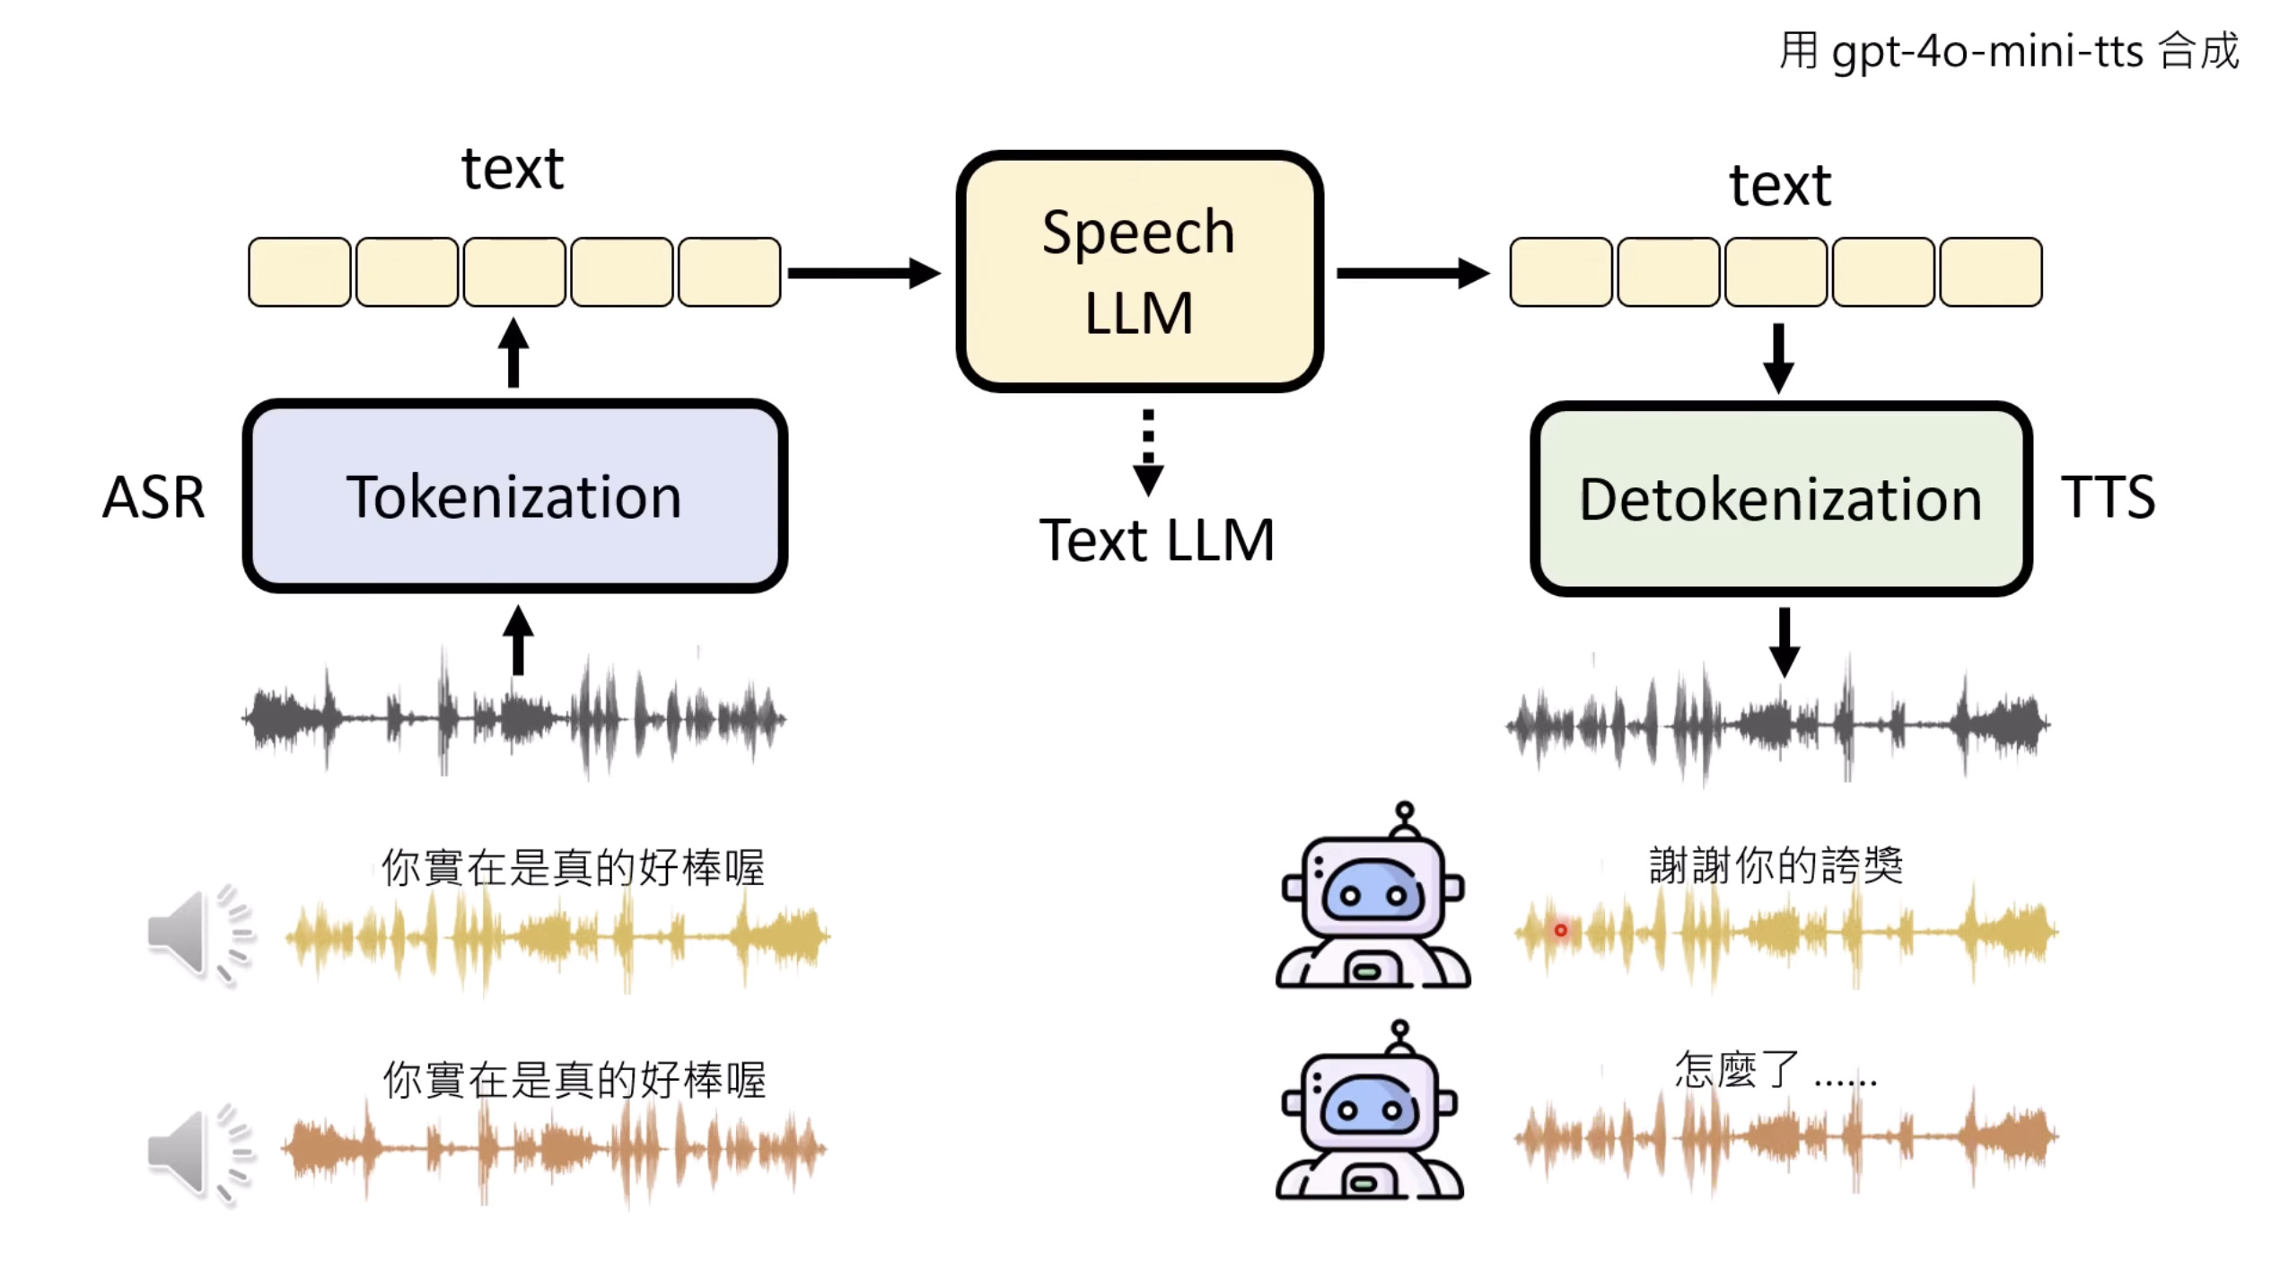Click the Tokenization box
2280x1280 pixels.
coord(514,496)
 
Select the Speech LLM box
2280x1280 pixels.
coord(1138,271)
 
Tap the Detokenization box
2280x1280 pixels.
coord(1780,499)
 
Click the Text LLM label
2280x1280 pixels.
coord(1156,540)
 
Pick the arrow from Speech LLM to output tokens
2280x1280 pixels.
coord(1412,273)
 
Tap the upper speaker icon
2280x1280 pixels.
coord(197,934)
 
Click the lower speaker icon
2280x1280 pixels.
coord(197,1153)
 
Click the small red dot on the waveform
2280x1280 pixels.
coord(1561,930)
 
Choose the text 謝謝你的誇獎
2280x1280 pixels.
coord(1776,865)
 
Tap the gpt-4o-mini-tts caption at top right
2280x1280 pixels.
coord(2009,50)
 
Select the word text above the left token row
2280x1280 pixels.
coord(513,169)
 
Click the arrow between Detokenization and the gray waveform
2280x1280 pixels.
coord(1784,642)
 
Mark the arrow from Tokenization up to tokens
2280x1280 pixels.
coord(513,353)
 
